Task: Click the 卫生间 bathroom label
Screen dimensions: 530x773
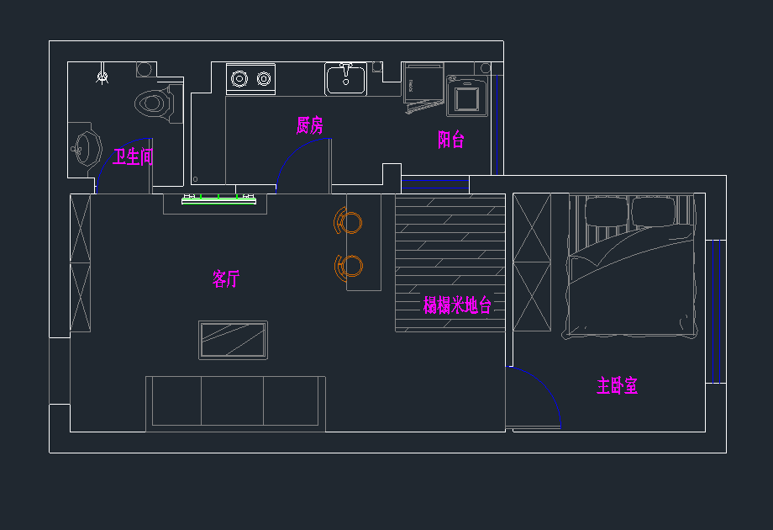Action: [134, 156]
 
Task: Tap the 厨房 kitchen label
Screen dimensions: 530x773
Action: [309, 126]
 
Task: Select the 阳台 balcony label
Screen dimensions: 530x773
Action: [450, 140]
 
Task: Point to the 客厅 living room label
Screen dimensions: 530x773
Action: [225, 279]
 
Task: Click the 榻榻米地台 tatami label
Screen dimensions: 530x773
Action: [456, 305]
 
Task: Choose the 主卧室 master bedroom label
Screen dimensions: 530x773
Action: [617, 386]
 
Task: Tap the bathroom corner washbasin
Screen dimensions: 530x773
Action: [83, 149]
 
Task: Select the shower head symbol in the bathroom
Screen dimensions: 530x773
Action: [103, 77]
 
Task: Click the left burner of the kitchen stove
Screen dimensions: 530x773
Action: [239, 79]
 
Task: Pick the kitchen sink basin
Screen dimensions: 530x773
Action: [345, 80]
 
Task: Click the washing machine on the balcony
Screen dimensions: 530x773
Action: [467, 98]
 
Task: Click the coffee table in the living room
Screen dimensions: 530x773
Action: [234, 340]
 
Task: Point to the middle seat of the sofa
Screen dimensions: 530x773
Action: [233, 401]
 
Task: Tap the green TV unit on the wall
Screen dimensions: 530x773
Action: [218, 199]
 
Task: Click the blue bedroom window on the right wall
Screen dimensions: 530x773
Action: [715, 311]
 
